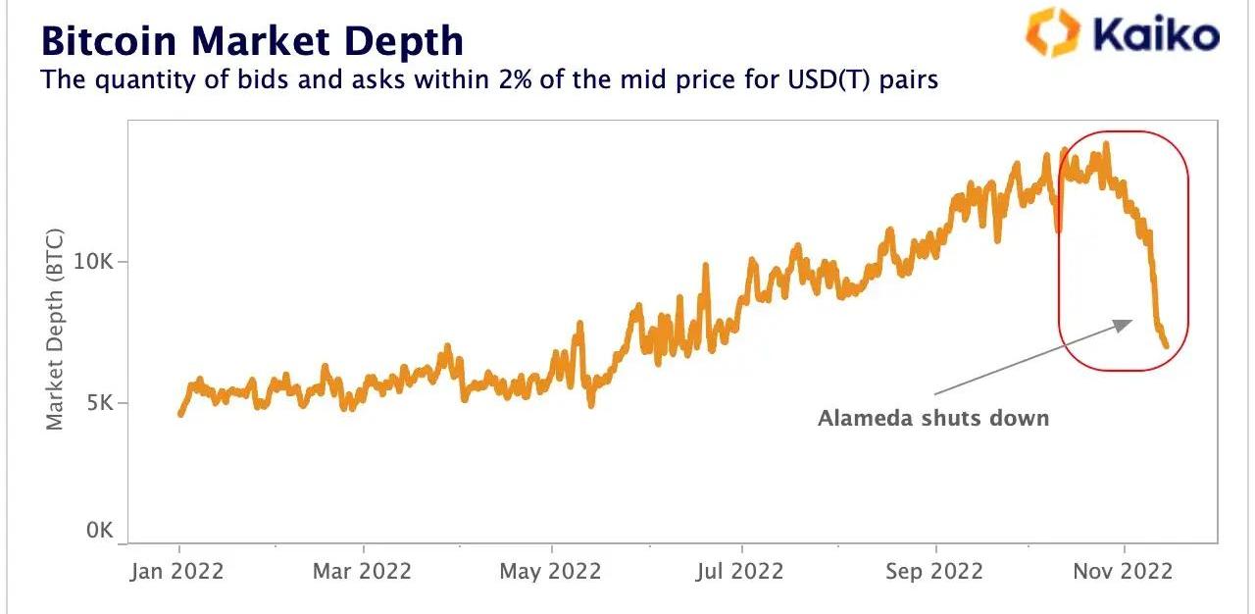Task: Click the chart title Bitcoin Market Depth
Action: point(251,41)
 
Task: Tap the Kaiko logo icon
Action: point(1051,32)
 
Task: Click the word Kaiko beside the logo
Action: point(1156,36)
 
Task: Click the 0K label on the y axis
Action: point(100,531)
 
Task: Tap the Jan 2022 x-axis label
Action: point(176,572)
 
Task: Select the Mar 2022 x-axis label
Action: point(362,572)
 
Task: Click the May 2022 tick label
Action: point(550,572)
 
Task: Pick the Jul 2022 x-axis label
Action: point(739,572)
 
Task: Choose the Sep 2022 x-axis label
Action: point(933,572)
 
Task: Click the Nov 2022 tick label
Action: point(1123,572)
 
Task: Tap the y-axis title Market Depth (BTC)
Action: point(55,329)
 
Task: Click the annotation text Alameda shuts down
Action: point(933,419)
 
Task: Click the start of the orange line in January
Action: point(180,414)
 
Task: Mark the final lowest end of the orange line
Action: point(1166,345)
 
